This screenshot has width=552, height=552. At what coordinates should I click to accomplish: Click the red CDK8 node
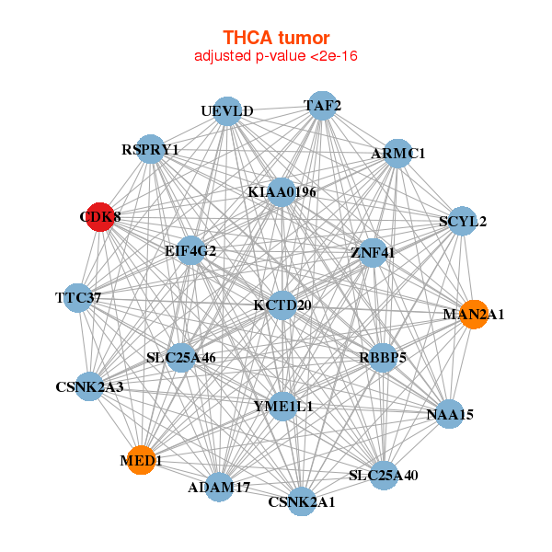(100, 217)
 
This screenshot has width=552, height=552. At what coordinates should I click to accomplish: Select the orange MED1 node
(141, 460)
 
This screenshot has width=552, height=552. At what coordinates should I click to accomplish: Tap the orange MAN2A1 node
(474, 315)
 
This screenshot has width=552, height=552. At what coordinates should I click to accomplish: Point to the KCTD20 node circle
(282, 305)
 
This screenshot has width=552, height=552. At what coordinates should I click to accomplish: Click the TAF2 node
(322, 106)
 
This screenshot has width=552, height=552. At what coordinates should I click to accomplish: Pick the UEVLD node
(227, 111)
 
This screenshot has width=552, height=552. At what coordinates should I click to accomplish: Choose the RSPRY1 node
(150, 149)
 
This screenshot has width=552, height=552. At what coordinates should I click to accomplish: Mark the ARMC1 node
(397, 154)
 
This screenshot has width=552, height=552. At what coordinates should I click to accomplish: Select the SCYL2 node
(463, 221)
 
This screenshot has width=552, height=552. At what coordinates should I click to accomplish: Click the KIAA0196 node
(282, 192)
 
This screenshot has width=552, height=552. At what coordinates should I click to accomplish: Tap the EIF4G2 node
(190, 250)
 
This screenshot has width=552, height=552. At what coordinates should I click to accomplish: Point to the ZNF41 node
(373, 253)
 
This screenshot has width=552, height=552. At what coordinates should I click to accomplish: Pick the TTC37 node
(78, 298)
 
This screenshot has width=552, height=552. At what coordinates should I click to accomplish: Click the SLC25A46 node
(181, 358)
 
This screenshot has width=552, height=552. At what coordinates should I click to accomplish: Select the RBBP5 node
(383, 358)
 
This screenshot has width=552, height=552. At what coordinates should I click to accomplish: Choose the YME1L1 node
(283, 407)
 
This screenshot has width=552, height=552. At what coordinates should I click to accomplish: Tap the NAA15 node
(450, 414)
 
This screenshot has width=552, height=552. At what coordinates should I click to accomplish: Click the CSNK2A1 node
(302, 501)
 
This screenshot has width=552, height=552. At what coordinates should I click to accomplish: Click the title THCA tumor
(276, 38)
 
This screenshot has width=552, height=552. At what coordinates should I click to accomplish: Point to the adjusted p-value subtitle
(276, 56)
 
